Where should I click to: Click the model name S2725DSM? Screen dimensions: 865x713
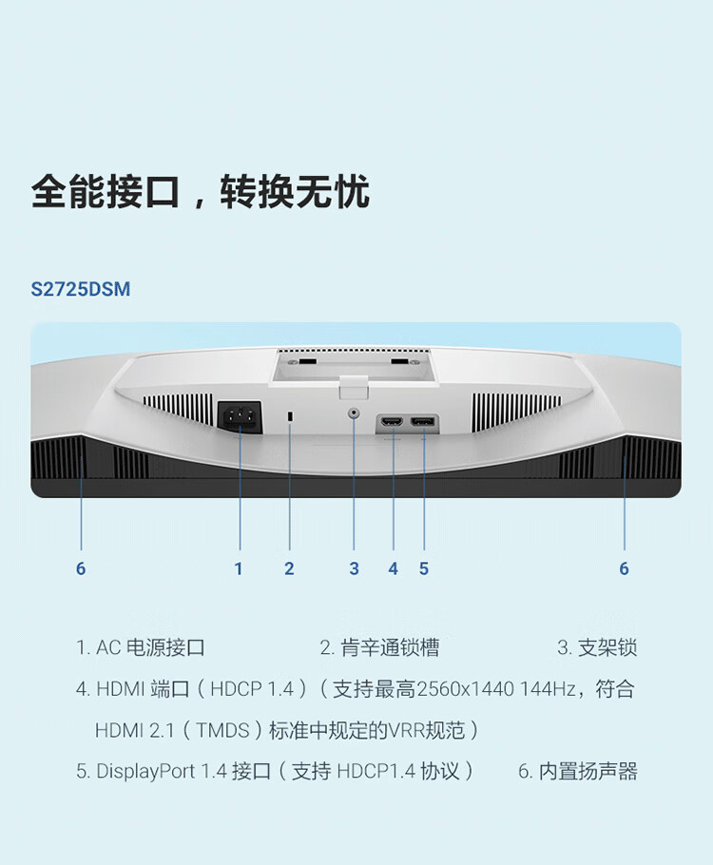tap(80, 289)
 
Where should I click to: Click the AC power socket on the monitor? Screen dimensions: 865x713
tap(239, 416)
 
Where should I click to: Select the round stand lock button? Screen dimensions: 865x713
tap(355, 413)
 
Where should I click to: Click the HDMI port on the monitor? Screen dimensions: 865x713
tap(392, 421)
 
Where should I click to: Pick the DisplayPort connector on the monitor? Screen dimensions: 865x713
tap(424, 421)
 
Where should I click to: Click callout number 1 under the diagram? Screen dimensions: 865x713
tap(239, 568)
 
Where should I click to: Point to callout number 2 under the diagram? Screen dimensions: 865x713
tap(289, 568)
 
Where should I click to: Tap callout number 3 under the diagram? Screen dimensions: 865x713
tap(354, 568)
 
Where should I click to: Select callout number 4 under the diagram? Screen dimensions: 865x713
tap(393, 568)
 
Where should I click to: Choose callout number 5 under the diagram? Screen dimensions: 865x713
tap(424, 568)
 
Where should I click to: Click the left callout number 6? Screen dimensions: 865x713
tap(81, 568)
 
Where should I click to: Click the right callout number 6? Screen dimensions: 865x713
tap(624, 568)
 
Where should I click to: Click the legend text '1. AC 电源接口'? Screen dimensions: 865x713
tap(141, 648)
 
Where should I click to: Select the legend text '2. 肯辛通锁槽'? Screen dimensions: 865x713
tap(379, 648)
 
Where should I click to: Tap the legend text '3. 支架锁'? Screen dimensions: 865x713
tap(597, 648)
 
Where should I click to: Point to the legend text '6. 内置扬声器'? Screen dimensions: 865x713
tap(577, 771)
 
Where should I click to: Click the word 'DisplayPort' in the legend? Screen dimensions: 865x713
tap(146, 771)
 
